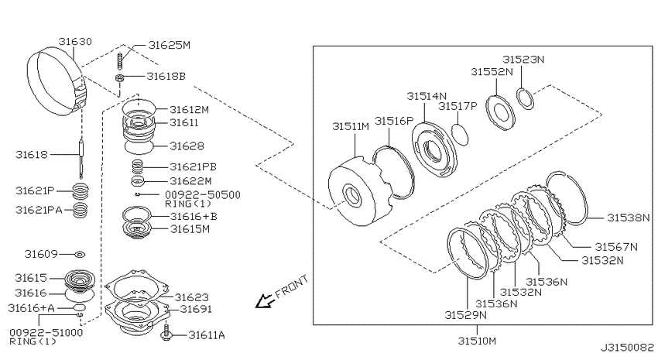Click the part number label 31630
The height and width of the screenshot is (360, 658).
point(75,42)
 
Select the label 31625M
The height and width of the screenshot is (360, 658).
point(169,45)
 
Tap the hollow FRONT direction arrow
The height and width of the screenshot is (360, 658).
point(265,301)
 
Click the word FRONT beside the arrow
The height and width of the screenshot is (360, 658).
point(292,286)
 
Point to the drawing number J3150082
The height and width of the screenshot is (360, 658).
point(627,348)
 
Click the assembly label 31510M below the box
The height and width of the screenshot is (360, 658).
point(477,341)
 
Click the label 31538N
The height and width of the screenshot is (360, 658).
point(629,218)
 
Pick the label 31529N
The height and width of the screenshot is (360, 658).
point(466,314)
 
